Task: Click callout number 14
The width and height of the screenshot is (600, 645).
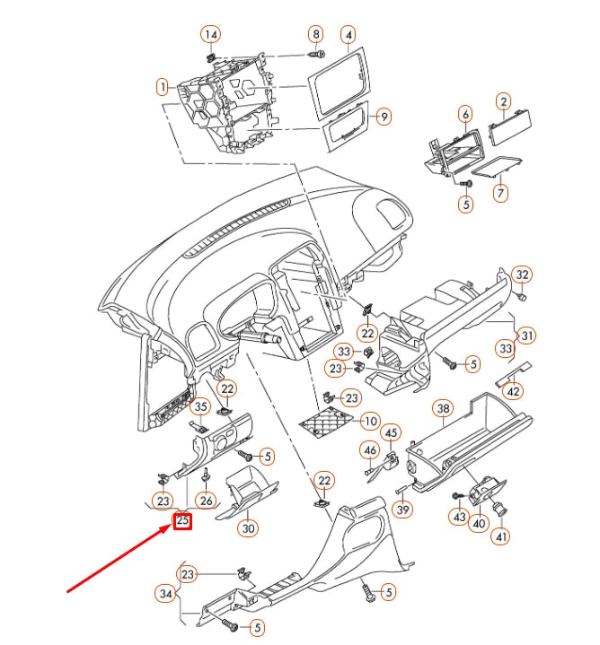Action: click(x=210, y=35)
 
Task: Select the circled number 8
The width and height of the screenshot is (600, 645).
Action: click(x=315, y=34)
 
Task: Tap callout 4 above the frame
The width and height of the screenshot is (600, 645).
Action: click(x=348, y=35)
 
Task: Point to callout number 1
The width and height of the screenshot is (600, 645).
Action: click(x=163, y=87)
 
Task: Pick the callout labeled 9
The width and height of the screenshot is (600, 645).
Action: click(x=384, y=117)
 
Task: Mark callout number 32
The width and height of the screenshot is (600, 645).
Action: click(x=523, y=274)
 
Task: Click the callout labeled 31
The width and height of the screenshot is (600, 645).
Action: click(x=527, y=336)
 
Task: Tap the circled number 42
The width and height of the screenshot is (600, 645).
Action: click(x=512, y=390)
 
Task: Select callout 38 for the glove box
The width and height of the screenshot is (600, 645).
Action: click(x=443, y=410)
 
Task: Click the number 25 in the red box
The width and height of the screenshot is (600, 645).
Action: click(x=182, y=520)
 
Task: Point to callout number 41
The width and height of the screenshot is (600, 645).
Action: click(x=501, y=536)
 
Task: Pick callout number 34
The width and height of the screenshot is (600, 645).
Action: click(x=164, y=593)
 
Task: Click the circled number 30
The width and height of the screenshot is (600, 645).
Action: click(x=249, y=527)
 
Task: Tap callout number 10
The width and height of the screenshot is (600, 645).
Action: click(x=370, y=421)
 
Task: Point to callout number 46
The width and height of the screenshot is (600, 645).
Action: click(x=369, y=449)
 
